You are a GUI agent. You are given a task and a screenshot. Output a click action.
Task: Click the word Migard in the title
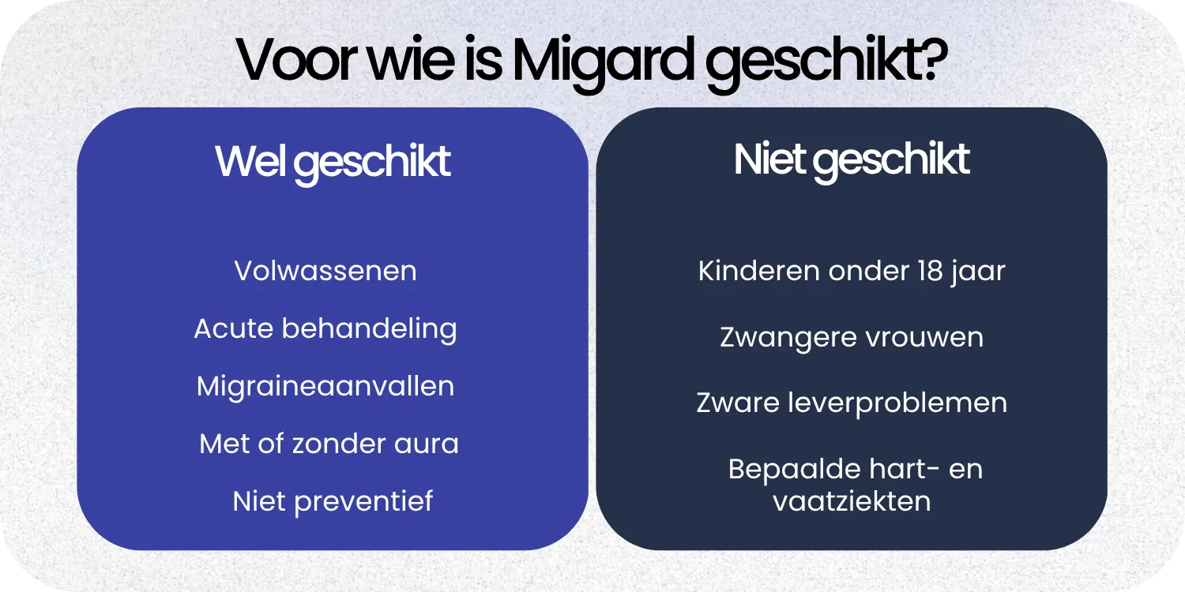coord(605,61)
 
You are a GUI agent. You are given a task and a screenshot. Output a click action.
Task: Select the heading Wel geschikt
coord(333,162)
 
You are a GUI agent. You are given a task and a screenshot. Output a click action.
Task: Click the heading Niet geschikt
coord(852,160)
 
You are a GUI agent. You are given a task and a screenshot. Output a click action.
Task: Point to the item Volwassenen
coord(325,271)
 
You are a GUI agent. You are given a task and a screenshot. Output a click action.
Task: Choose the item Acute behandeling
coord(325,328)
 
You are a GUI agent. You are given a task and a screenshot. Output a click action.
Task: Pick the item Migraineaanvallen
coord(325,386)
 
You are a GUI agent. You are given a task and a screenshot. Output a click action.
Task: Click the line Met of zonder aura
coord(329,444)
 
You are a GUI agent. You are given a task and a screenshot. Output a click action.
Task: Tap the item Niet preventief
coord(333,501)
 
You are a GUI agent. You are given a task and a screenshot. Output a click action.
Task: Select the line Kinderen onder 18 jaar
coord(852,271)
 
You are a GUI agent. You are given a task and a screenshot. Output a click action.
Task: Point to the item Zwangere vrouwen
coord(852,337)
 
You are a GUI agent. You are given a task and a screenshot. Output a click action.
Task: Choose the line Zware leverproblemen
coord(852,403)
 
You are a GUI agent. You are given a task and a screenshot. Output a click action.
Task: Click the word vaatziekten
coord(852,501)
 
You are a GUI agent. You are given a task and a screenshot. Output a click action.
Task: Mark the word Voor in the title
coord(294,61)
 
